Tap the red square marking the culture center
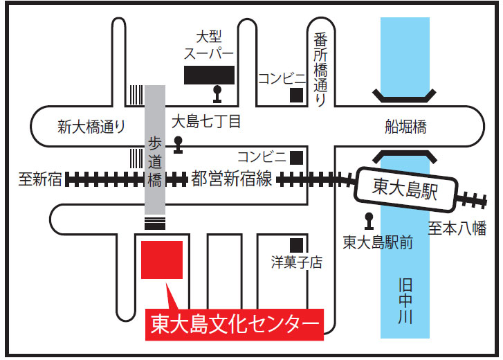click(x=161, y=260)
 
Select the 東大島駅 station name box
click(x=405, y=188)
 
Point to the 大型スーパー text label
click(x=209, y=44)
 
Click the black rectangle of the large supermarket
click(x=209, y=75)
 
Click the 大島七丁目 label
click(x=205, y=123)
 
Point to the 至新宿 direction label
click(x=40, y=180)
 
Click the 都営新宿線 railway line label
click(x=232, y=179)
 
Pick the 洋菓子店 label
click(x=297, y=263)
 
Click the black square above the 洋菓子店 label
click(x=297, y=244)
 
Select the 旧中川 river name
click(x=405, y=301)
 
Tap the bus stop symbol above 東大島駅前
click(x=369, y=220)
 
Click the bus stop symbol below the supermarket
click(x=218, y=92)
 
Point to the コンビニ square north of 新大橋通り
click(x=297, y=93)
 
